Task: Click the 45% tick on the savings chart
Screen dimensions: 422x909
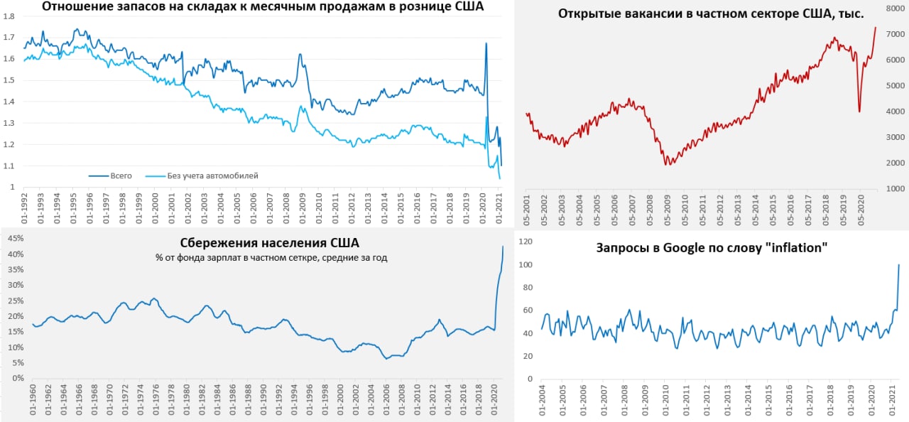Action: coord(15,239)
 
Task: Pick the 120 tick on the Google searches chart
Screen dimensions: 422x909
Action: coord(526,242)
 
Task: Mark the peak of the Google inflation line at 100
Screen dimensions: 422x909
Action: coord(899,265)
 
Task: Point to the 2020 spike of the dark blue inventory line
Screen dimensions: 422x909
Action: coord(486,43)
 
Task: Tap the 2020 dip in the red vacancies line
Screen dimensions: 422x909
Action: coord(859,112)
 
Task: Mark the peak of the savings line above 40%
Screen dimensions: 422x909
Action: coord(503,247)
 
